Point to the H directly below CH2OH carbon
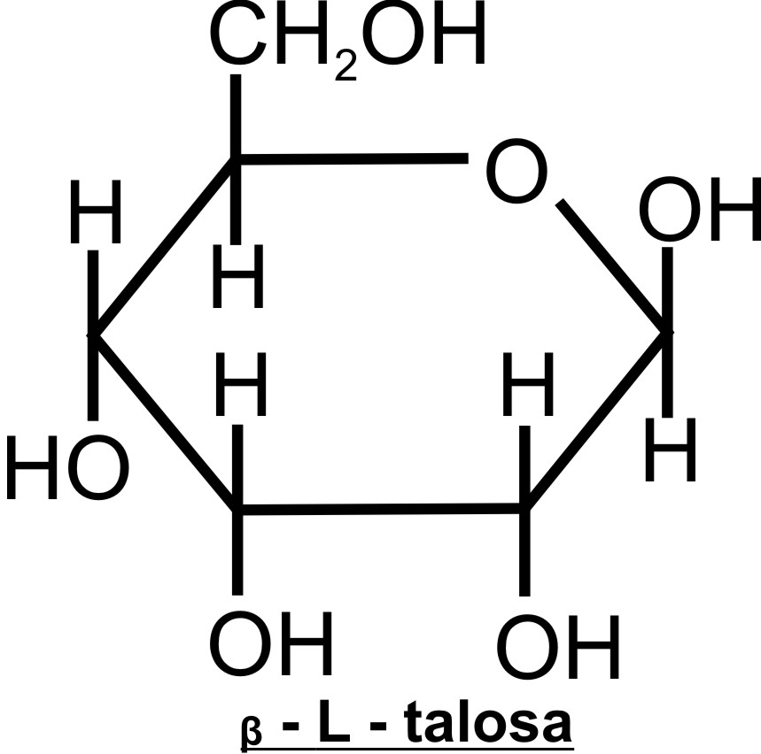237,280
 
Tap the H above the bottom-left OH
241,390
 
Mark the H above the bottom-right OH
527,390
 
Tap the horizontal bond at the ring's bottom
381,510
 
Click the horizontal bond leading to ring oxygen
350,160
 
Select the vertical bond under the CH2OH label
236,115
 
